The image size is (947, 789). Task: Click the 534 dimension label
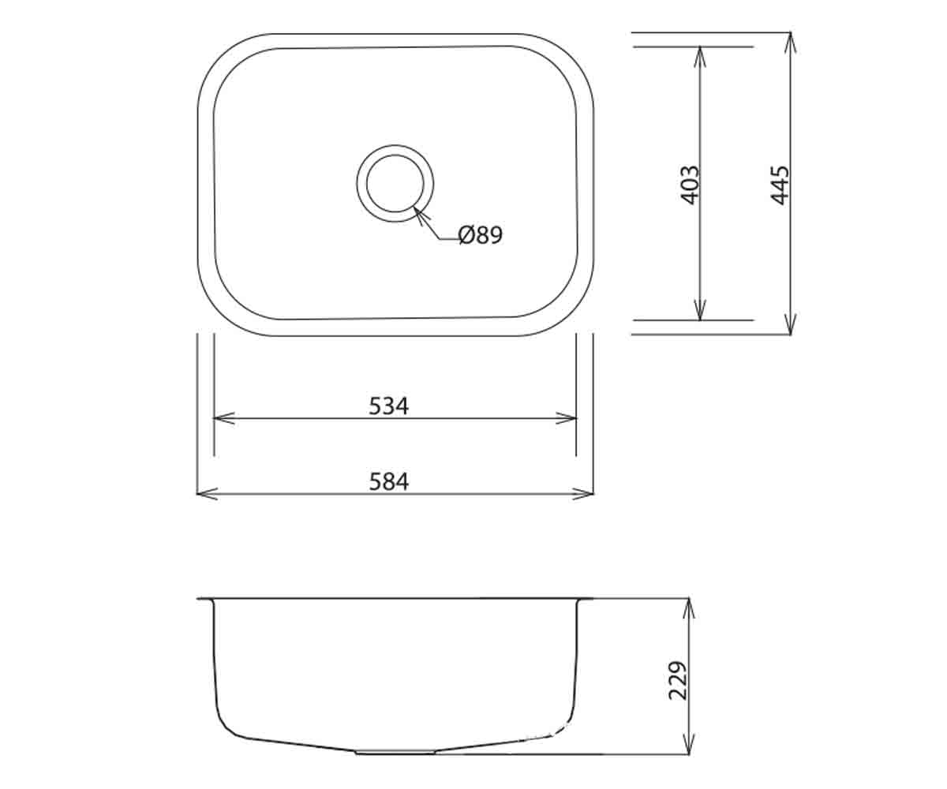tap(389, 406)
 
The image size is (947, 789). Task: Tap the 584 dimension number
tap(389, 481)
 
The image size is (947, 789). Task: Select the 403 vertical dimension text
tap(691, 185)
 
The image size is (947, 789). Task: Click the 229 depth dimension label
tap(678, 681)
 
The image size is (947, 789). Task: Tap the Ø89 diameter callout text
tap(481, 235)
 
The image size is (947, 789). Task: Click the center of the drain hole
tap(395, 183)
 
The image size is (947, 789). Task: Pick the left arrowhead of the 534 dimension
tap(224, 418)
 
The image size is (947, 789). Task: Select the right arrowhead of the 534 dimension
tap(566, 418)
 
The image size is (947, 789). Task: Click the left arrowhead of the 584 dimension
tap(208, 494)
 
